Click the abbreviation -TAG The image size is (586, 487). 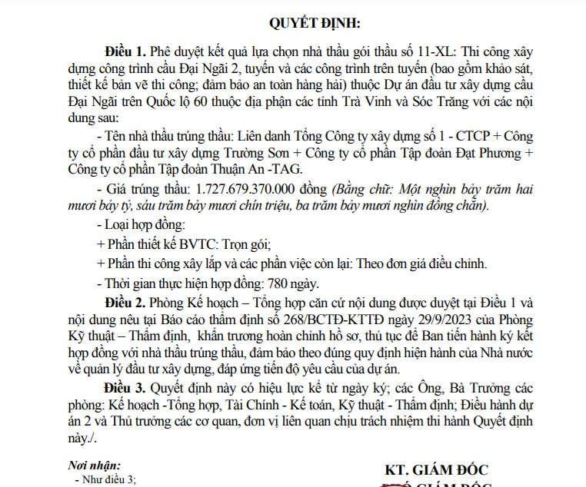click(x=287, y=170)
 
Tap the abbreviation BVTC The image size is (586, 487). click(x=197, y=244)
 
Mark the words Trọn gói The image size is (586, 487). click(x=247, y=244)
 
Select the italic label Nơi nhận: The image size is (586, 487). click(x=95, y=465)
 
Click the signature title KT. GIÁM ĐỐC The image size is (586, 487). click(x=436, y=469)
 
